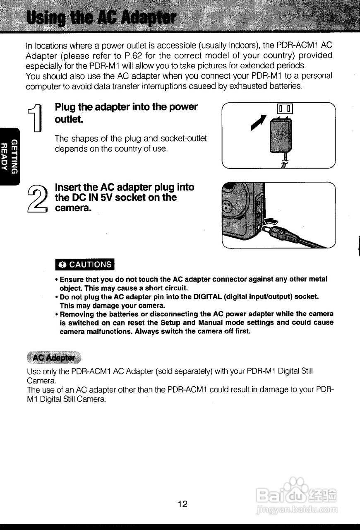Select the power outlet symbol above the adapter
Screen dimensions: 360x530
pos(285,110)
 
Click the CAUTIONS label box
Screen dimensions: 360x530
pos(85,264)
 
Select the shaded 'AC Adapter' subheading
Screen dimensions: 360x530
pos(54,357)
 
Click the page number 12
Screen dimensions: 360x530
pos(182,504)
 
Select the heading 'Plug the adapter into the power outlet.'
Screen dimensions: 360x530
pos(126,113)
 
